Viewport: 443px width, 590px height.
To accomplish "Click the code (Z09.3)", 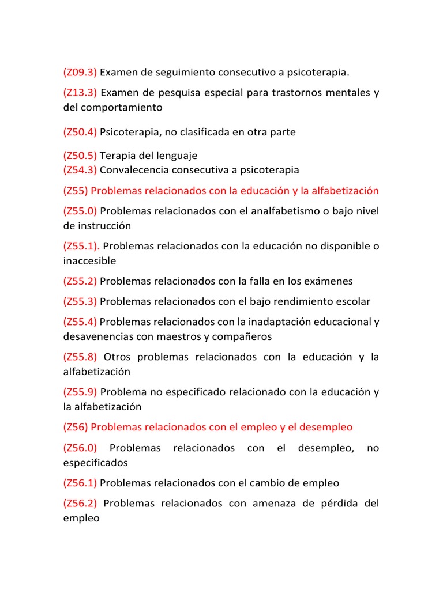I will pos(80,73).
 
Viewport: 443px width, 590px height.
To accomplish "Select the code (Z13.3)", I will pos(80,93).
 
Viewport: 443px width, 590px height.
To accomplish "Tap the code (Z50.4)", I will pos(80,132).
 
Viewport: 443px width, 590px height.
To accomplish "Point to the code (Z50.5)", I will pos(80,156).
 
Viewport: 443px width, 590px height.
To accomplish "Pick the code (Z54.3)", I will pos(80,170).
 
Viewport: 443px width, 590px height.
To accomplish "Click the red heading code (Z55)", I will pos(76,191).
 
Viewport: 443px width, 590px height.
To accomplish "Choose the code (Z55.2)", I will pos(80,281).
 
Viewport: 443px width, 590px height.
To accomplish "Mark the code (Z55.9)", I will pos(80,392).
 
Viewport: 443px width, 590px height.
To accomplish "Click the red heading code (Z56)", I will pos(76,427).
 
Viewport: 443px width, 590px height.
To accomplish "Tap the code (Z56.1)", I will pos(80,483).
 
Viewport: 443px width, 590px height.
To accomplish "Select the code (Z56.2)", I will pos(80,504).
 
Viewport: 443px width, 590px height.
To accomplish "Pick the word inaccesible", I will pos(89,261).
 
